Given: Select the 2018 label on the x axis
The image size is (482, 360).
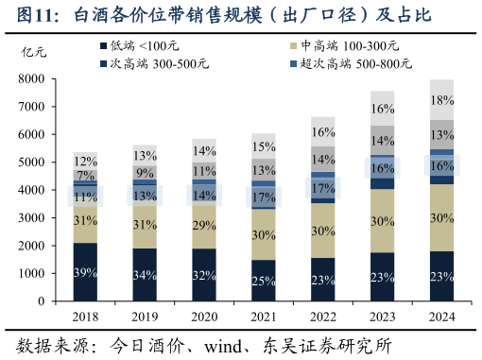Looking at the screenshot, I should (86, 317).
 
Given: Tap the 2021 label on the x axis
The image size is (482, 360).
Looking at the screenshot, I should (264, 317).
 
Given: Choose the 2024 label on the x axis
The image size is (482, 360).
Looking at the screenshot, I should (441, 317).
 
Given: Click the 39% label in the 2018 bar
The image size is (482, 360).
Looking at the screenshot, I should (86, 273).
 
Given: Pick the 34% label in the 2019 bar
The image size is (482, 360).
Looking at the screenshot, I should (145, 275).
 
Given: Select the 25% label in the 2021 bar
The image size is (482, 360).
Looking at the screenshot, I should (264, 281).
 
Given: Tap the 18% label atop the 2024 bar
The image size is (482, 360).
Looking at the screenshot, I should (441, 100).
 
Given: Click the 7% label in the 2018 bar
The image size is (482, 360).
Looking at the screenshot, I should (86, 175).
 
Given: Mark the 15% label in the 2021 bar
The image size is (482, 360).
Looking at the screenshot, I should (264, 146).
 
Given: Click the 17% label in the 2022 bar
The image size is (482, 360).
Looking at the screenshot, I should (323, 188).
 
